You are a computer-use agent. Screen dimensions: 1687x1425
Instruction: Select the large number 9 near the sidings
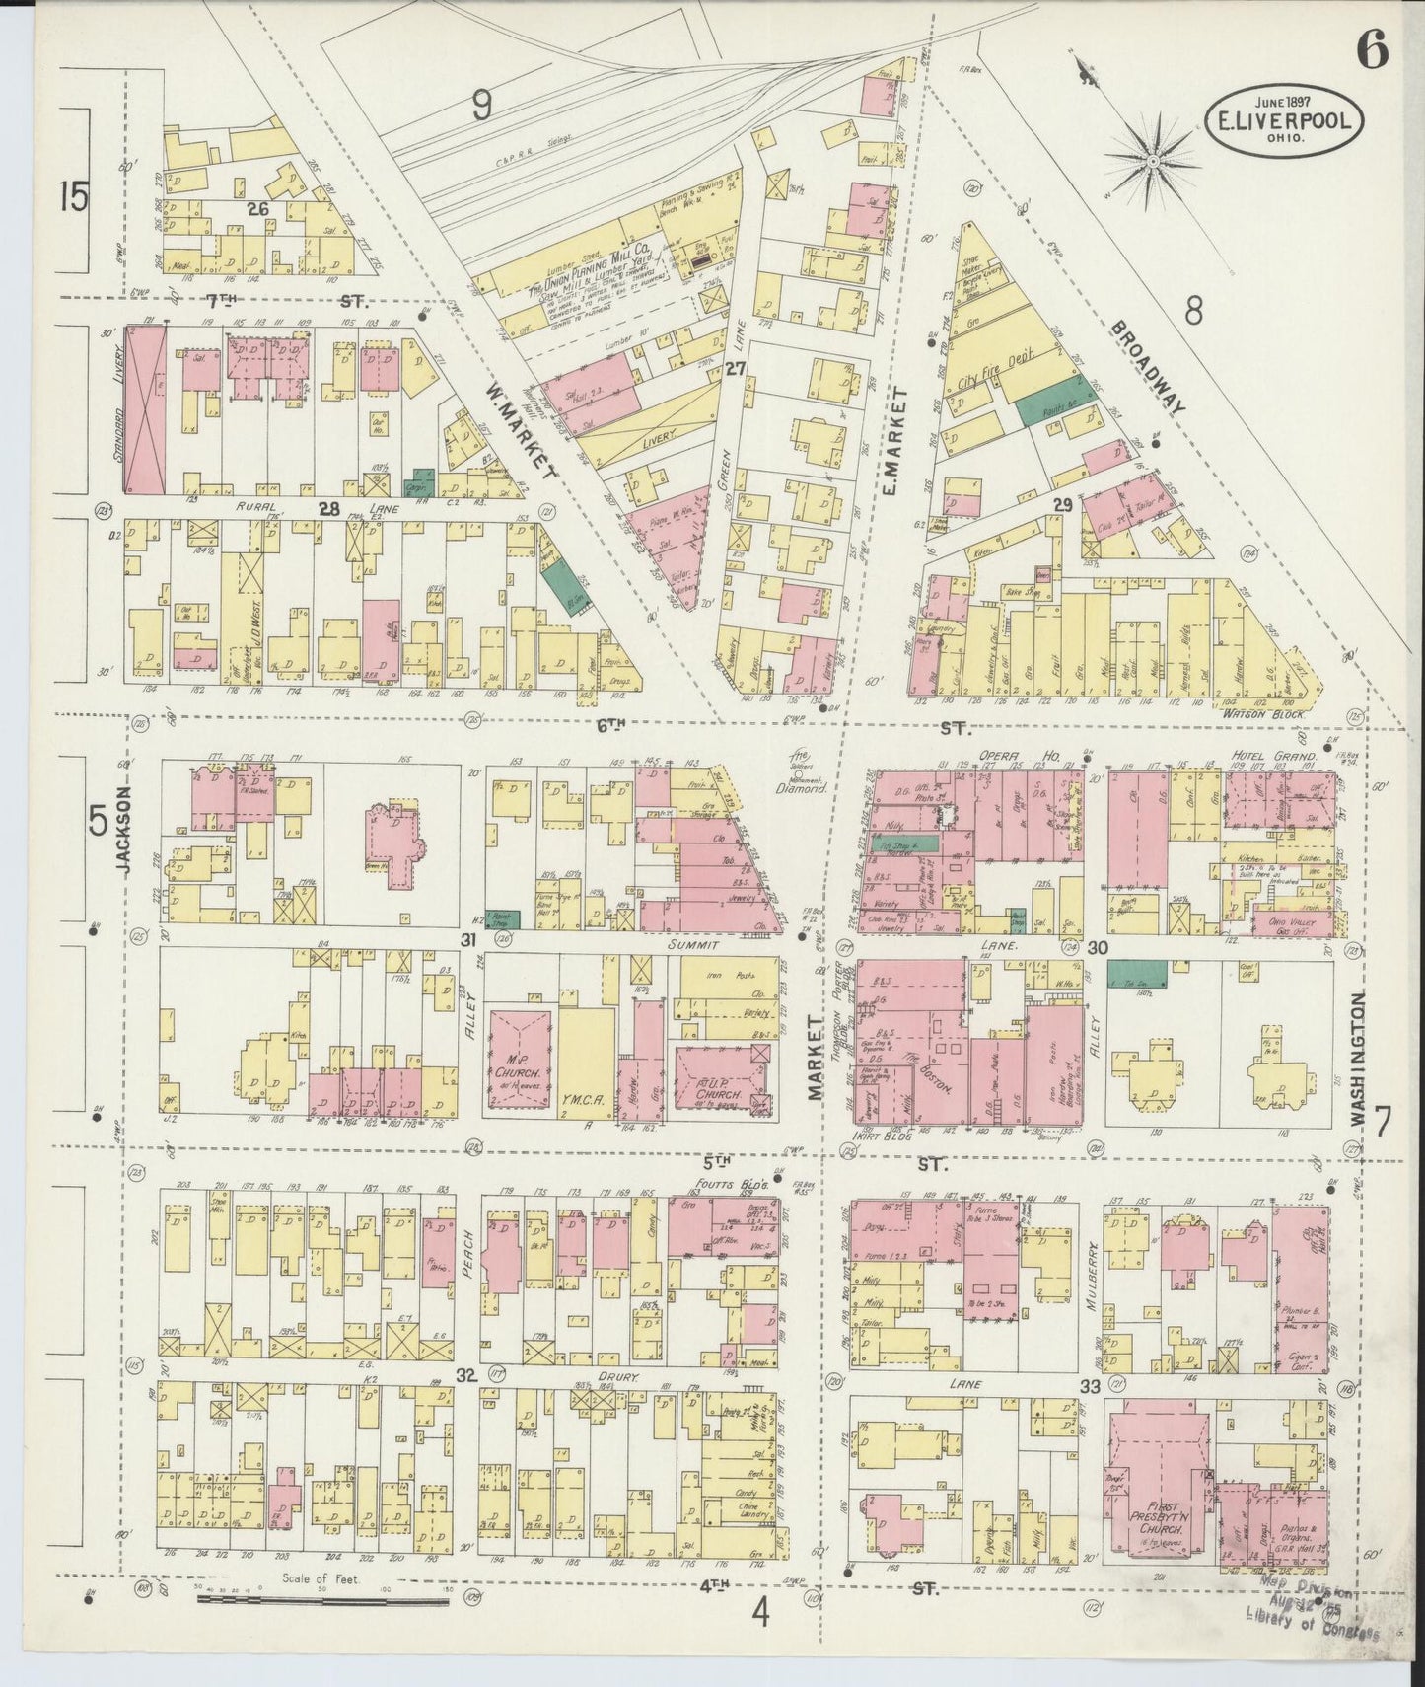[480, 105]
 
